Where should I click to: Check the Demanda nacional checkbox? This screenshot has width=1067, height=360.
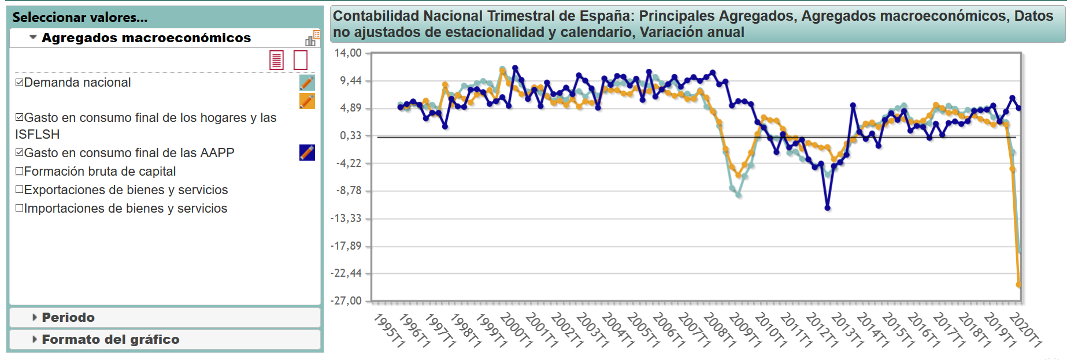[x=20, y=83]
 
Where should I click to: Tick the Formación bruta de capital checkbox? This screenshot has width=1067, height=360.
[x=20, y=172]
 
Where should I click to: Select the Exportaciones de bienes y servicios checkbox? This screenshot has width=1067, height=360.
[x=20, y=190]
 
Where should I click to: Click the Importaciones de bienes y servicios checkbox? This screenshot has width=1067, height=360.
[x=20, y=209]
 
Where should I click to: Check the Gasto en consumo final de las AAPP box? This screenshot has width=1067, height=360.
[x=20, y=153]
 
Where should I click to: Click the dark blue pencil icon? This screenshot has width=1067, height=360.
[x=307, y=153]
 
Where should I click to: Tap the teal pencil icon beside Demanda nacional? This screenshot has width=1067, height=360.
[x=307, y=83]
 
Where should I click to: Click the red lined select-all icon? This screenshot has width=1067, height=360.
[x=277, y=60]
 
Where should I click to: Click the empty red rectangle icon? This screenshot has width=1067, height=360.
[x=301, y=60]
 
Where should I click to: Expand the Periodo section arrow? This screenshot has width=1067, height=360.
[x=35, y=317]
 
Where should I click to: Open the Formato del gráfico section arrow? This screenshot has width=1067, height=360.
[x=35, y=339]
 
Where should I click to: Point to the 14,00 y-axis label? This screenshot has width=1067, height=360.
[x=348, y=53]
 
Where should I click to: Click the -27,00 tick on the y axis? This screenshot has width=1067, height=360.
[x=346, y=300]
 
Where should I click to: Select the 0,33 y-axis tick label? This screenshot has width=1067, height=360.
[x=350, y=136]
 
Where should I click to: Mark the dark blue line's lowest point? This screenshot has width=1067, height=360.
[x=827, y=208]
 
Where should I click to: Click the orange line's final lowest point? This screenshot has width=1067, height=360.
[x=1018, y=284]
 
